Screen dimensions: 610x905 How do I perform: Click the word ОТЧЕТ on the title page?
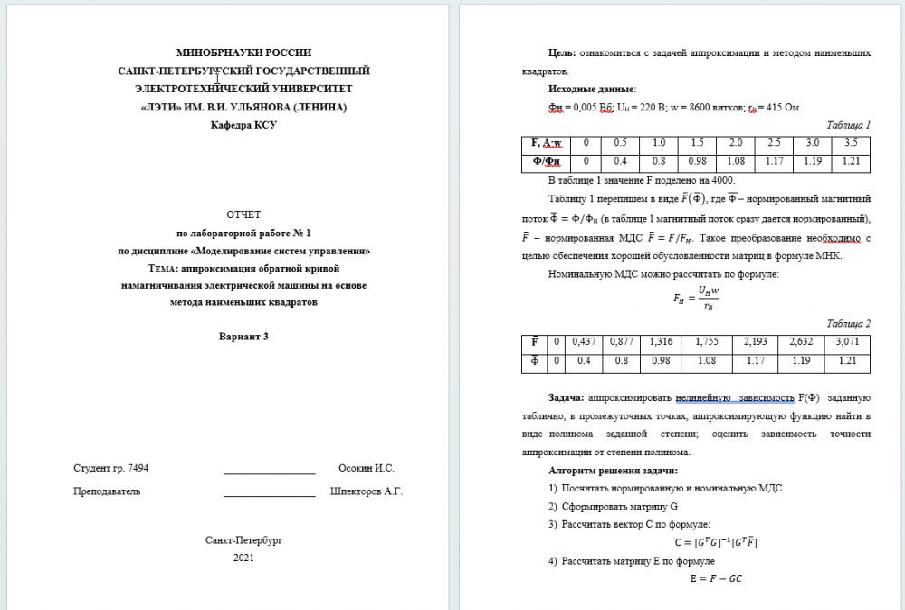[243, 214]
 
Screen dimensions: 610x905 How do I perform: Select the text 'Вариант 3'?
[243, 337]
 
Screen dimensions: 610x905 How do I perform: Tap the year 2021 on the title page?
[243, 558]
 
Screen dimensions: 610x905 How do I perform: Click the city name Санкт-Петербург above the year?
[243, 539]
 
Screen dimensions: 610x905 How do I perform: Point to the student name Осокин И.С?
[366, 468]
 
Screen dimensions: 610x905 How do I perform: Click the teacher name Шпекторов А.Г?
[366, 491]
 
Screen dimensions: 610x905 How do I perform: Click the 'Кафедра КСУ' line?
[243, 125]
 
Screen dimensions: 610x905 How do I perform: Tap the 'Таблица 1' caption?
[849, 125]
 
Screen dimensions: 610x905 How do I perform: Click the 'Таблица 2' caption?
[849, 323]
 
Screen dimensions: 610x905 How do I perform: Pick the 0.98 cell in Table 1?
[697, 162]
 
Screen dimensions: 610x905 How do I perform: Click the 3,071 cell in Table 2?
[847, 343]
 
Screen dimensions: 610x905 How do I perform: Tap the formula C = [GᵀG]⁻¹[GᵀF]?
[715, 542]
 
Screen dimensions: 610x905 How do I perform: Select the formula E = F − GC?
[715, 578]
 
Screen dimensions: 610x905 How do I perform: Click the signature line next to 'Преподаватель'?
[269, 495]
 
